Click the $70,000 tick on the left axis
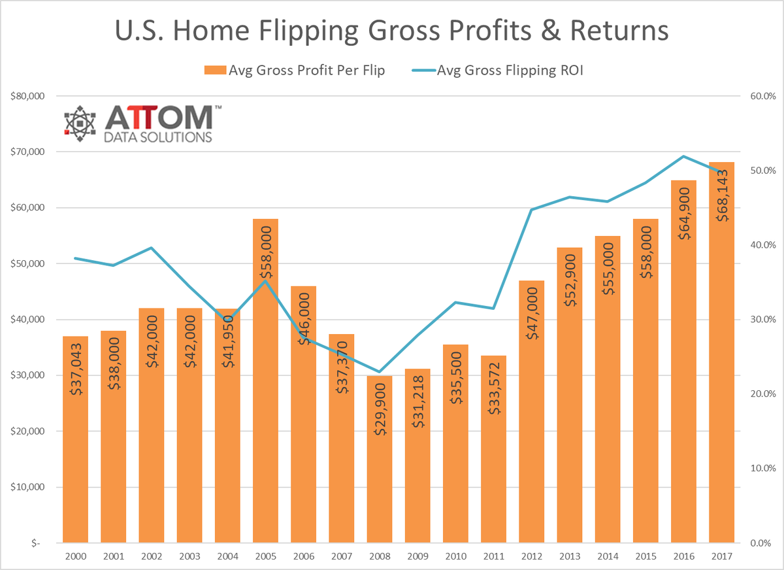(27, 152)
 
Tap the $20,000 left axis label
(27, 431)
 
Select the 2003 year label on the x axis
(189, 556)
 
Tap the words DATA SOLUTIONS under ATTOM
(158, 137)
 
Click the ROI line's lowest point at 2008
(380, 372)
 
